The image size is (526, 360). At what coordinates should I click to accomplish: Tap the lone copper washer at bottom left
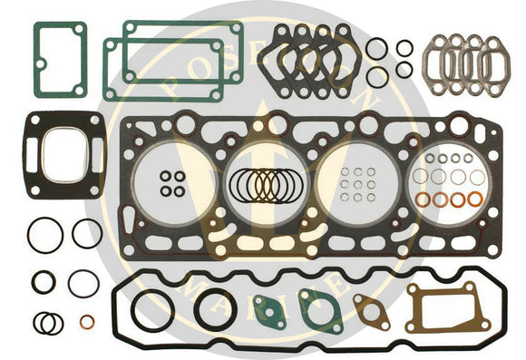86,321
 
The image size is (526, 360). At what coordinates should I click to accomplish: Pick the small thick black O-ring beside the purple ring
43,282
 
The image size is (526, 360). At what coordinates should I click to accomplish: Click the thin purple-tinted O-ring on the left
83,283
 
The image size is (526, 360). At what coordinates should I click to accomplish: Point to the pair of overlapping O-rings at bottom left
47,322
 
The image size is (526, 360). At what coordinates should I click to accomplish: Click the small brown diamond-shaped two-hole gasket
370,309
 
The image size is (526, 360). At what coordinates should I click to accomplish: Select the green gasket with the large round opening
318,309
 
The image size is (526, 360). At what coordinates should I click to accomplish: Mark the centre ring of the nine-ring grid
357,184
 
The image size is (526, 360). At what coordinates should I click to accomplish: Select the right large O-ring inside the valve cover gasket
216,308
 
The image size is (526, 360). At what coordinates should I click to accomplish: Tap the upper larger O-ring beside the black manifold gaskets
376,48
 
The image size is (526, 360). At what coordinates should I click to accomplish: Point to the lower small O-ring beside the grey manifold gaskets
404,69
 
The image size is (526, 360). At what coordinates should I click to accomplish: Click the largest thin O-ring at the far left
44,236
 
